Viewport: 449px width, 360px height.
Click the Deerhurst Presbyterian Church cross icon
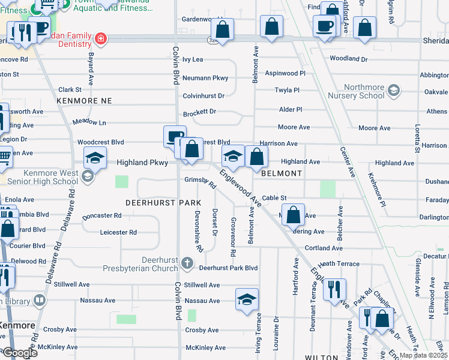pyautogui.click(x=187, y=263)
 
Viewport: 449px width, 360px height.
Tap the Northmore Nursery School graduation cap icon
pyautogui.click(x=393, y=91)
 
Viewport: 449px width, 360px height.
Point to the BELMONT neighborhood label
pyautogui.click(x=282, y=173)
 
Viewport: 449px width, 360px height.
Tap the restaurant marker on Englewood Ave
pyautogui.click(x=334, y=289)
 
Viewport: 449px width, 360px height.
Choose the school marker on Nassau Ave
pyautogui.click(x=247, y=299)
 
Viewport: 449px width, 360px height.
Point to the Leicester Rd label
pyautogui.click(x=118, y=232)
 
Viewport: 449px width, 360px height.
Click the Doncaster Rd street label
pyautogui.click(x=102, y=215)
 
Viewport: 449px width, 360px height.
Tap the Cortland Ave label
pyautogui.click(x=324, y=248)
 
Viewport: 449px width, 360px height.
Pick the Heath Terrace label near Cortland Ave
pyautogui.click(x=339, y=264)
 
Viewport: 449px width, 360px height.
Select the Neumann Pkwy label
pyautogui.click(x=205, y=78)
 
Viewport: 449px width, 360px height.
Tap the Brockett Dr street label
pyautogui.click(x=199, y=112)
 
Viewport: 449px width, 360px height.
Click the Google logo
pyautogui.click(x=20, y=353)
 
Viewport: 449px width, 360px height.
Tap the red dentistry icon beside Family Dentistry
pyautogui.click(x=101, y=40)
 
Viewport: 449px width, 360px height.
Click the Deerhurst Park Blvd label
pyautogui.click(x=228, y=268)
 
